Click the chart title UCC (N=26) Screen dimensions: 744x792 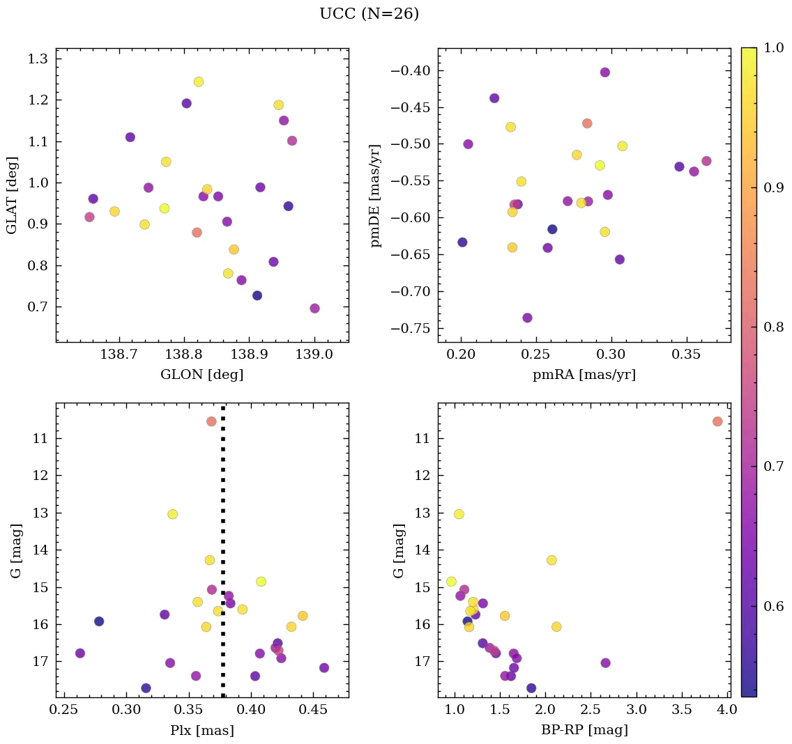(x=369, y=14)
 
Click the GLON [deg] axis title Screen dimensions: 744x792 (x=201, y=375)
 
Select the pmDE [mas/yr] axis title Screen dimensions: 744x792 (x=376, y=196)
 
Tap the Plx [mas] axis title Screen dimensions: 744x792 (x=201, y=730)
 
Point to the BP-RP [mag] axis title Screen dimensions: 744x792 (x=584, y=730)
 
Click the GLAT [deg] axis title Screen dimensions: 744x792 (x=12, y=195)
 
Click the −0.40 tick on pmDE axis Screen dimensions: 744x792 (x=411, y=71)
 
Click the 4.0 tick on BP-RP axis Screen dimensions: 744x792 (x=725, y=712)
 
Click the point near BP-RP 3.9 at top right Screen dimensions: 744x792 (x=717, y=421)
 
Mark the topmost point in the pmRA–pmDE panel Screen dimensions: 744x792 (x=604, y=72)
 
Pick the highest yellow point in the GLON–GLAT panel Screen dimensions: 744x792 (x=199, y=82)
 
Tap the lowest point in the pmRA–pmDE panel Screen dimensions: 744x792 (x=527, y=318)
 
